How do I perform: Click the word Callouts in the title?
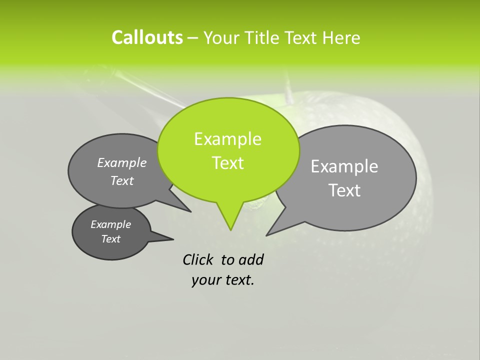point(147,37)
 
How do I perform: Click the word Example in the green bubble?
point(227,139)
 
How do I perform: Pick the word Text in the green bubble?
point(227,163)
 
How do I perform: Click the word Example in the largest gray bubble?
point(344,166)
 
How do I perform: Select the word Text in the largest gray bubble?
point(344,190)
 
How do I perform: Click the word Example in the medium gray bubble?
point(122,162)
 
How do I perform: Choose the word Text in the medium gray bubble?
point(122,181)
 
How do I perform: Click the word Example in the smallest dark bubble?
point(110,224)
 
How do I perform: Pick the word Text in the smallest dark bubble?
point(110,239)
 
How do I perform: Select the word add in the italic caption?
point(250,259)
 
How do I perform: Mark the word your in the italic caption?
point(205,280)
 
